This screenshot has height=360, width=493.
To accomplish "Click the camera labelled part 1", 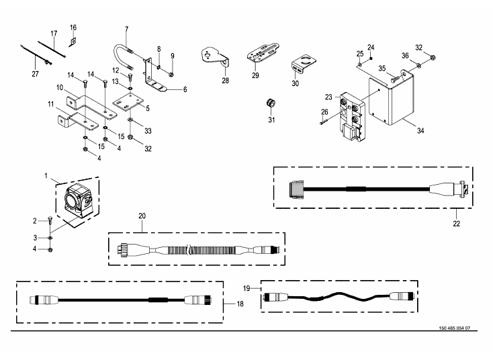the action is (x=79, y=201).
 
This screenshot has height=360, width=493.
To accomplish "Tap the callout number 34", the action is (x=420, y=130).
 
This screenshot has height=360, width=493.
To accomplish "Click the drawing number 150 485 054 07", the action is (x=454, y=328).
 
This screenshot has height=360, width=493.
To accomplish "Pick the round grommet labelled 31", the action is (x=271, y=102).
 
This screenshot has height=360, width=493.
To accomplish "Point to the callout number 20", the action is (x=142, y=216).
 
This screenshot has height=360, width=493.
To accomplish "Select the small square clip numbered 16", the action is (x=73, y=41).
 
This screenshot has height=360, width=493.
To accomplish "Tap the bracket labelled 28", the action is (x=215, y=56).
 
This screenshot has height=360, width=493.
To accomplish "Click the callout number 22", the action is (x=457, y=224).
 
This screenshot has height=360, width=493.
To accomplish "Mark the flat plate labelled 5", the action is (x=128, y=102).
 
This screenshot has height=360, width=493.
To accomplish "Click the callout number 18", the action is (x=240, y=304).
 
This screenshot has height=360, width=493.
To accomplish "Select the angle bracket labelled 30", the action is (x=303, y=64).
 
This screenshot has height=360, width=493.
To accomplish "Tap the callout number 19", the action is (x=246, y=288).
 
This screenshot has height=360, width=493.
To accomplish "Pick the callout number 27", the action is (x=35, y=74).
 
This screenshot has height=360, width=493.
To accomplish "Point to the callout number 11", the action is (x=51, y=104).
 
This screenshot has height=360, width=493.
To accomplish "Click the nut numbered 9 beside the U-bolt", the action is (x=171, y=75).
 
